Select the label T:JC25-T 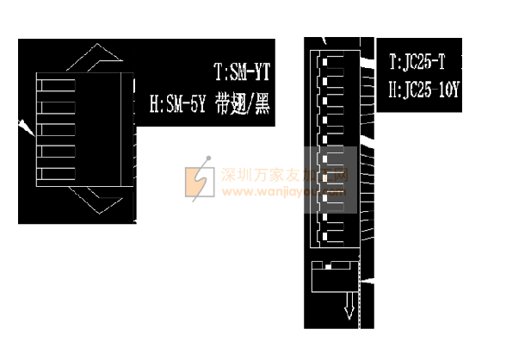coord(417,62)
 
